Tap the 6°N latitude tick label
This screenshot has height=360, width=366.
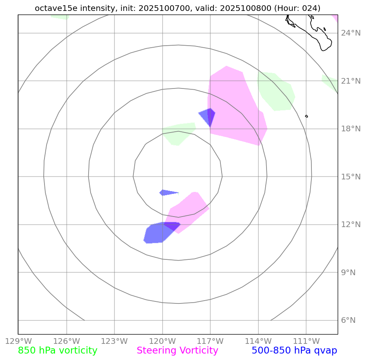348,320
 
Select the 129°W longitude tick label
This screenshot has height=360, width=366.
18,341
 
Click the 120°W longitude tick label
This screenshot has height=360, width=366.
162,341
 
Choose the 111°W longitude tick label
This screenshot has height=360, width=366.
306,341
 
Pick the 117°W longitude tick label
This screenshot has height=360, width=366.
210,341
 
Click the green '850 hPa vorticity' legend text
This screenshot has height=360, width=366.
57,351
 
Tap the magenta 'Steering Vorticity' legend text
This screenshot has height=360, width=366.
177,351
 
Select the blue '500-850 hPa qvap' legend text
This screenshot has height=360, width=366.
294,351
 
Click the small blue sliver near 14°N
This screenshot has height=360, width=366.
167,192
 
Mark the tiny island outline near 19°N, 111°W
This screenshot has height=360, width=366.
307,116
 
